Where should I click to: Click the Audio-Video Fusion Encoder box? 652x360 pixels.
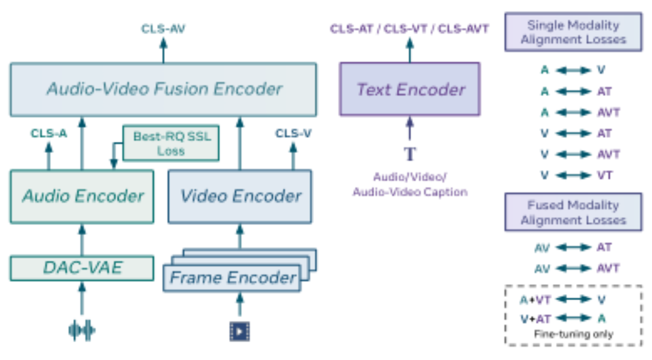point(164,90)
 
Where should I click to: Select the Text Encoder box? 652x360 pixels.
point(410,89)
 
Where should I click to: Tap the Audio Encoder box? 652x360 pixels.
point(82,197)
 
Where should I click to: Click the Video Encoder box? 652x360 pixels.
point(240,197)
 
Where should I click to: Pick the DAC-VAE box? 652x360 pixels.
point(82,268)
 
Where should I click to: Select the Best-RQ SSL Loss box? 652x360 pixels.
point(171,143)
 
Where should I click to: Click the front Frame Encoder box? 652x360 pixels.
point(232,277)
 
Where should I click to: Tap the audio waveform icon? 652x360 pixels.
point(82,330)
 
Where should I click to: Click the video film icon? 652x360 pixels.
point(240,332)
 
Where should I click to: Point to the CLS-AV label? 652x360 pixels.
point(164,29)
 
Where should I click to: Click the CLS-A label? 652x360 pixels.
point(49,134)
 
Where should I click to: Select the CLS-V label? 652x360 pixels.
point(293,134)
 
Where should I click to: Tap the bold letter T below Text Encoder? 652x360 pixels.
point(410,154)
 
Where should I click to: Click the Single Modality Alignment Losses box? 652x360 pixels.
point(573,32)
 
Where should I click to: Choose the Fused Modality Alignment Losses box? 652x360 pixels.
point(573,212)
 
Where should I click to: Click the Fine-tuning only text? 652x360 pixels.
point(574,334)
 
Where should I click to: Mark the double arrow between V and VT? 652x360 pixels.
point(573,175)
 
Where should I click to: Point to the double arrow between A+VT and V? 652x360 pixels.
point(573,299)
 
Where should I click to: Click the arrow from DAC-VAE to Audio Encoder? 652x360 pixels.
point(82,240)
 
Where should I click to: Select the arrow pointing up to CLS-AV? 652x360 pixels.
point(164,50)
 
